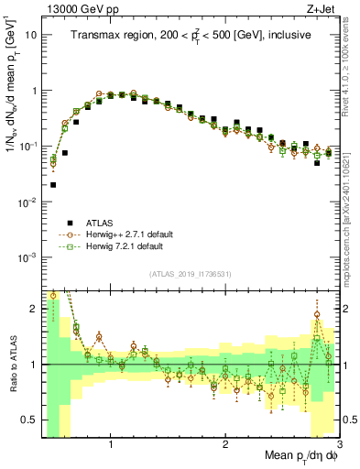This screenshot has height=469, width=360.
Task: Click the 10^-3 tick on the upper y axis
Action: pyautogui.click(x=27, y=257)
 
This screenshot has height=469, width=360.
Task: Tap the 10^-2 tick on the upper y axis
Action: pyautogui.click(x=27, y=202)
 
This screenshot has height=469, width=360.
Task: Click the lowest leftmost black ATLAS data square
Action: pyautogui.click(x=53, y=184)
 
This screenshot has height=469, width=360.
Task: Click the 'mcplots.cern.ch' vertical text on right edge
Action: pyautogui.click(x=352, y=211)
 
